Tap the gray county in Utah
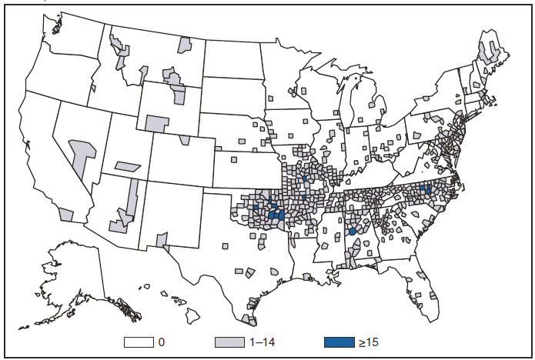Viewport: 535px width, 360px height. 128,166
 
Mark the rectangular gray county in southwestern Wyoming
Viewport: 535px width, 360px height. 155,123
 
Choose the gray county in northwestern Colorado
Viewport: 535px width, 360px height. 185,140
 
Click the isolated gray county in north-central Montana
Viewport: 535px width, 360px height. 184,45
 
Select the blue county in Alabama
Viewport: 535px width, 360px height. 352,231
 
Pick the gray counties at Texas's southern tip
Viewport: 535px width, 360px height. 249,319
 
